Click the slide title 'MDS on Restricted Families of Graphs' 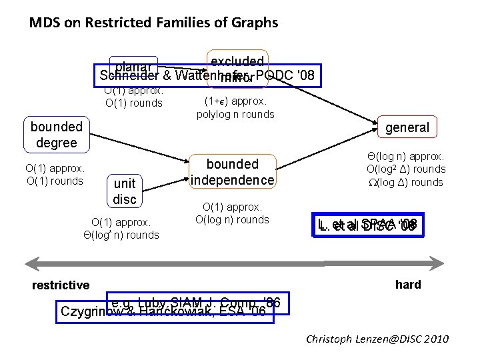(153, 23)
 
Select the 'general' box (407, 127)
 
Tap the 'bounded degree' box (57, 135)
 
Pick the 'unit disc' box (125, 191)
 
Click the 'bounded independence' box (232, 172)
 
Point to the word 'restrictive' (61, 285)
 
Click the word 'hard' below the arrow (407, 285)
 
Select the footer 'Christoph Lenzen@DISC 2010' (377, 339)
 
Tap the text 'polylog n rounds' (235, 114)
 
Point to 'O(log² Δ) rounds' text (405, 169)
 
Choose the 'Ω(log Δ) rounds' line (405, 183)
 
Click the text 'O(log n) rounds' (232, 220)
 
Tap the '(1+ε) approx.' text (235, 101)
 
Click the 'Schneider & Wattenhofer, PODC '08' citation (205, 75)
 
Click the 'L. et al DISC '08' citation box (368, 225)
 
